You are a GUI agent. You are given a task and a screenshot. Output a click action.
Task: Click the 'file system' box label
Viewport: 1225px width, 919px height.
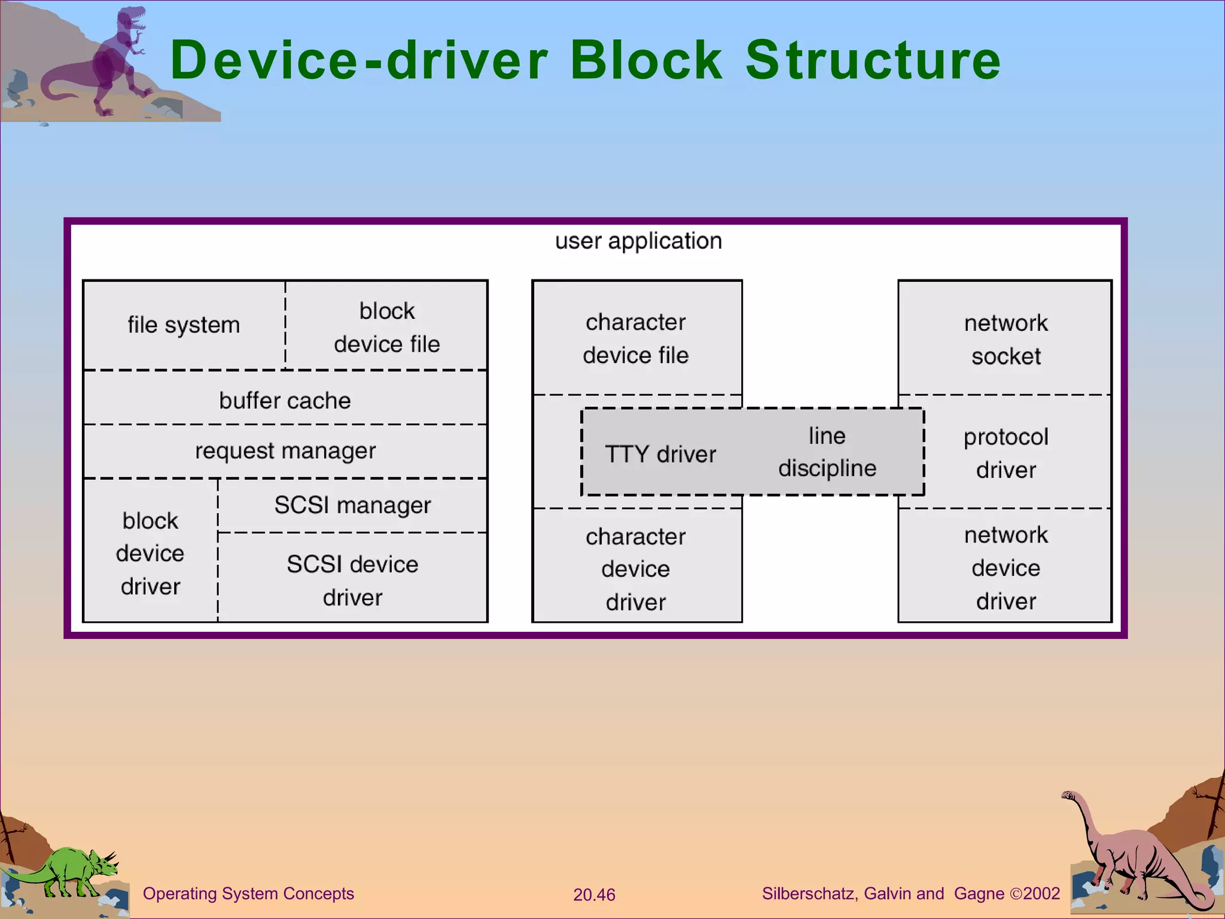[x=184, y=325]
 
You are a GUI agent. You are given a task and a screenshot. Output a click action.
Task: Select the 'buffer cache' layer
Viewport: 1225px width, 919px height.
[x=285, y=400]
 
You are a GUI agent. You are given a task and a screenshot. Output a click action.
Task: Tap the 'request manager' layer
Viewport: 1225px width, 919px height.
[x=285, y=451]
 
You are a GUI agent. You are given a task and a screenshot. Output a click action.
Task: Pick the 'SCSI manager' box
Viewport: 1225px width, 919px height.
[x=352, y=506]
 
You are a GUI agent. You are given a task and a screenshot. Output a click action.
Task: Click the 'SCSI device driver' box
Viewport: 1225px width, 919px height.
[x=352, y=580]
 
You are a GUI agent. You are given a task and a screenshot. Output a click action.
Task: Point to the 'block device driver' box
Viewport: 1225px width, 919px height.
[x=150, y=553]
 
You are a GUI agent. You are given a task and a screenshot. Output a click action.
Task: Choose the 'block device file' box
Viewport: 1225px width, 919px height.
[x=386, y=327]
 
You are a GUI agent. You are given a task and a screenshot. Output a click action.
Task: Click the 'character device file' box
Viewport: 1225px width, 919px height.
[x=636, y=339]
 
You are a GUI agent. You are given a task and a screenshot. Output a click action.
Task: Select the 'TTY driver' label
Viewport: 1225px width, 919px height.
[x=660, y=454]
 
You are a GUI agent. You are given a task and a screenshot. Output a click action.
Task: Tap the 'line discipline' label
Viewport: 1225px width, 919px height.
[x=827, y=452]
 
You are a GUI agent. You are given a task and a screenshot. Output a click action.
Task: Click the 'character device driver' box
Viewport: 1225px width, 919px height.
[x=636, y=569]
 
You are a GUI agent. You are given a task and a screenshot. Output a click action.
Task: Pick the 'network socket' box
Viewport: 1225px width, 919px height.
[x=1005, y=339]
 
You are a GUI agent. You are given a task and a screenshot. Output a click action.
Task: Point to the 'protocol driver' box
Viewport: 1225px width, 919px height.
[x=1005, y=453]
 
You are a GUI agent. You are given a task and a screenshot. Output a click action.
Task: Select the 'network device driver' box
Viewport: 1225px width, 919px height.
[x=1005, y=568]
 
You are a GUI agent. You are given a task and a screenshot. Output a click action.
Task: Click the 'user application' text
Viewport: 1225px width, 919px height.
[x=638, y=241]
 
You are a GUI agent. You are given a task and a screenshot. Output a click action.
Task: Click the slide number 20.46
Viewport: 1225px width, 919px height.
[x=593, y=894]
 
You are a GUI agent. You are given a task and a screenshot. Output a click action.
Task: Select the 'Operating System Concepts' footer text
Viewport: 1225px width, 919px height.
[x=248, y=893]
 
